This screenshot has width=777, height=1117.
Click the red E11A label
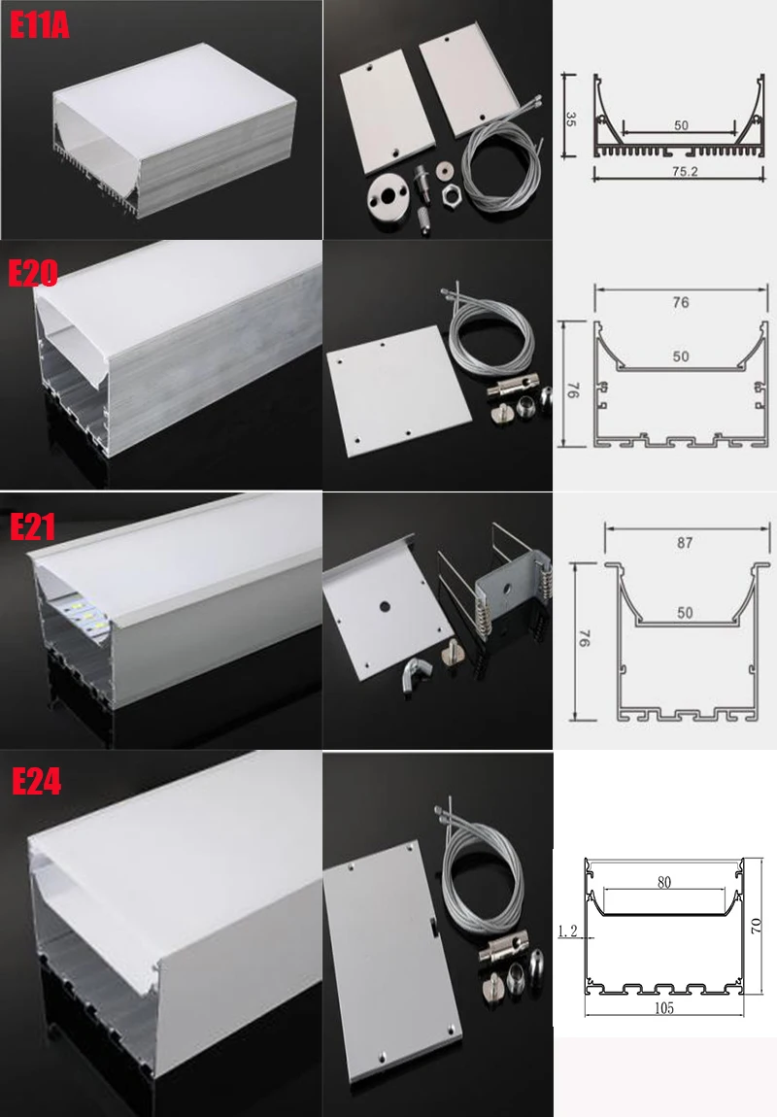(39, 25)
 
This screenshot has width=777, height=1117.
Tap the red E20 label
(33, 273)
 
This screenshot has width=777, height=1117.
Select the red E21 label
(32, 527)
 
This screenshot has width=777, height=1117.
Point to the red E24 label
(36, 782)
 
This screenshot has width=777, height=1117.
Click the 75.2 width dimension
(685, 171)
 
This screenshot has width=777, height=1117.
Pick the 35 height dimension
(570, 118)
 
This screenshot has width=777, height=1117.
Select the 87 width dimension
(685, 543)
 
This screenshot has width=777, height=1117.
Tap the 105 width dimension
(663, 1007)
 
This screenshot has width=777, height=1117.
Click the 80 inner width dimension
(663, 882)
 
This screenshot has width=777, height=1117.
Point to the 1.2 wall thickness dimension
(568, 931)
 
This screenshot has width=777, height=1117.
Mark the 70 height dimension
(757, 926)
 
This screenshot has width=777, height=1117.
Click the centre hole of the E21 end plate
(385, 607)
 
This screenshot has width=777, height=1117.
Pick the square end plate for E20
(399, 390)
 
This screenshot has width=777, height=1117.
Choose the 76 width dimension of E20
(681, 302)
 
